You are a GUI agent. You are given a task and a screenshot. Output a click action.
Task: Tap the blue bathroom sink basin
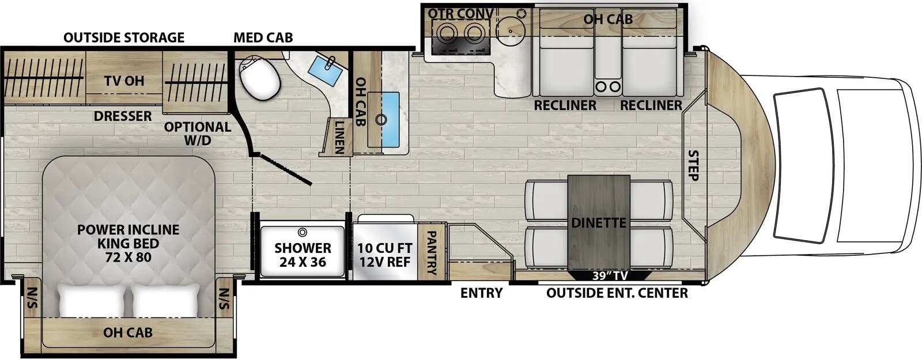click(x=328, y=71)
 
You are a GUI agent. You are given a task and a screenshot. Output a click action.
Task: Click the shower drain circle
click(x=302, y=232)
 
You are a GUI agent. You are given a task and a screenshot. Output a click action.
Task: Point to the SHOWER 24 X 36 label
click(x=303, y=255)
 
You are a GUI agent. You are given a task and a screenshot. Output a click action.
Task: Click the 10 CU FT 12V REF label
click(x=384, y=255)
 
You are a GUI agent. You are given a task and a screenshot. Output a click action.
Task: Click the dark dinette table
click(x=599, y=222)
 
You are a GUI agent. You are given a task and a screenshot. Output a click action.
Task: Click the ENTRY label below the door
click(x=481, y=293)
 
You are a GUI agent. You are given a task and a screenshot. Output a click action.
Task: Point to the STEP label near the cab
click(x=693, y=165)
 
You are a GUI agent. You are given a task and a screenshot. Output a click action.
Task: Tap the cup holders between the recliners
click(x=609, y=86)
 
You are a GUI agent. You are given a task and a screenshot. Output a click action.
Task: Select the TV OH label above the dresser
click(x=124, y=81)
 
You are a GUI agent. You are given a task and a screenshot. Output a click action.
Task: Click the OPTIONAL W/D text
click(x=197, y=133)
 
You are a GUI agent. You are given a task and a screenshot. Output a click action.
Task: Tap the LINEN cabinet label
click(x=339, y=138)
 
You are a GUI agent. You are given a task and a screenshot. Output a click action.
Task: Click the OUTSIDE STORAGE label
click(x=124, y=38)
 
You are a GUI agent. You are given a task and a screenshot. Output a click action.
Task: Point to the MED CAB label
click(x=263, y=38)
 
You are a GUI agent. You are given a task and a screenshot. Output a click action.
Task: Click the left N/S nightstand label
click(x=31, y=298)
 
